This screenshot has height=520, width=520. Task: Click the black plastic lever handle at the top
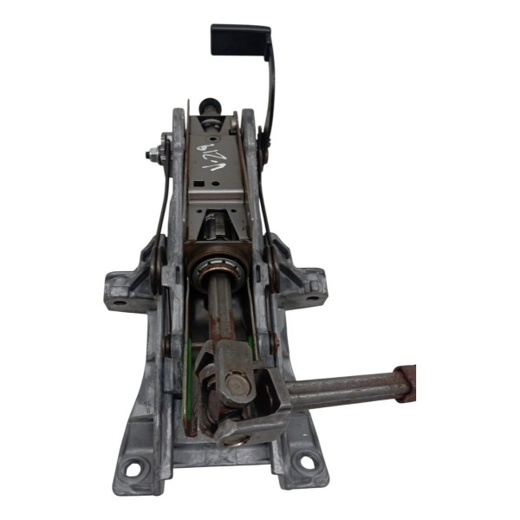(240, 39)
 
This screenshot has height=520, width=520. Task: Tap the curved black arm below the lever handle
(270, 95)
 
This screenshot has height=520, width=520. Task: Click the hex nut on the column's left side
(154, 157)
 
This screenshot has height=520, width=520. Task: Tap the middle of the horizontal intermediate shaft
(338, 387)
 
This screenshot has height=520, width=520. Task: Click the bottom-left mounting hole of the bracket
(132, 470)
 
